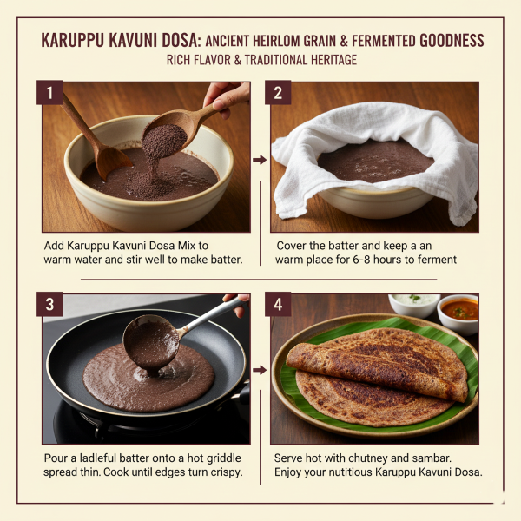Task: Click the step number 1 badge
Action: tap(49, 92)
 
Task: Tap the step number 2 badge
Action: tap(278, 92)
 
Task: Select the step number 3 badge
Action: tap(49, 304)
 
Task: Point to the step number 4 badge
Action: tap(278, 304)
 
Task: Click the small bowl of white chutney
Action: tap(412, 304)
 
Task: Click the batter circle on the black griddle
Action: tap(148, 378)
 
